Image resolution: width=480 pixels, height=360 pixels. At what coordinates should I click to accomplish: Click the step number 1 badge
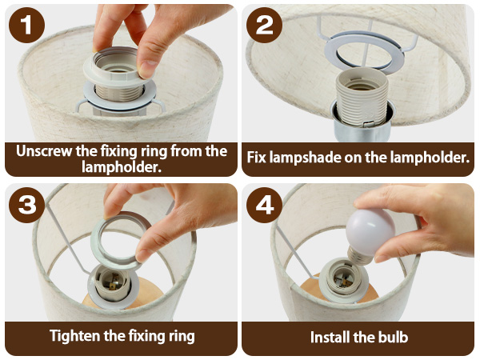[x=27, y=25]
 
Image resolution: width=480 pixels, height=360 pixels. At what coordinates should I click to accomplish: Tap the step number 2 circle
[x=264, y=25]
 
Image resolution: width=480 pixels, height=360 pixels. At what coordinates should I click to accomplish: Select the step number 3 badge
[x=27, y=205]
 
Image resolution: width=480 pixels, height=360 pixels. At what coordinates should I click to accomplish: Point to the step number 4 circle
[x=264, y=205]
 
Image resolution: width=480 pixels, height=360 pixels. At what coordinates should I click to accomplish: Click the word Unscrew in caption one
[x=44, y=151]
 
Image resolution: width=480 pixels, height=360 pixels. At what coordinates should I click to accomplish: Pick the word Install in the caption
[x=330, y=337]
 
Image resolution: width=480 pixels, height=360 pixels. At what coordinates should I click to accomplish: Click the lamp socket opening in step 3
[x=112, y=283]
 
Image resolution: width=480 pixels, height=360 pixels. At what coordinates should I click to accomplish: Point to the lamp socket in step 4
[x=343, y=280]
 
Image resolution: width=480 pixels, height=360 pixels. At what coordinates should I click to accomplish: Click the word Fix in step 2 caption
[x=256, y=158]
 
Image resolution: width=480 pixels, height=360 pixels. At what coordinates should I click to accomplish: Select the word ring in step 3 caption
[x=182, y=337]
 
